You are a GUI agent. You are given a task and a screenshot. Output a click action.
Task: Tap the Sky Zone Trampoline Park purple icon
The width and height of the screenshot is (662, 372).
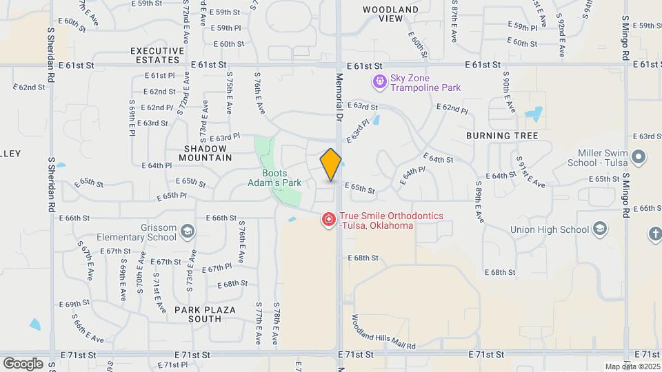coord(379,83)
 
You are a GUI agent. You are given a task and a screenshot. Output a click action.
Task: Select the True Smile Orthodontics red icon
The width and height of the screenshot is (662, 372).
coord(330,219)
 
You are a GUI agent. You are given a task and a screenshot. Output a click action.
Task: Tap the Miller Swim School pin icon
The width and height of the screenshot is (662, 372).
coord(639,157)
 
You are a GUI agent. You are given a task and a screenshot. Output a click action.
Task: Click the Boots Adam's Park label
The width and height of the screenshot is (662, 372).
coord(274,178)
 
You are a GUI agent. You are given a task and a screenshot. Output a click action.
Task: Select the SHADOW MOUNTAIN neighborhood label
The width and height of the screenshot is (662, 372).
coord(208,153)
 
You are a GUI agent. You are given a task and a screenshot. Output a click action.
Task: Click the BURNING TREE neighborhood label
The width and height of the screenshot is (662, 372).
coord(502,136)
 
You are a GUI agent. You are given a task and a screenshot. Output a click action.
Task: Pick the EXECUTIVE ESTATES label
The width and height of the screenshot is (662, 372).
coord(157,55)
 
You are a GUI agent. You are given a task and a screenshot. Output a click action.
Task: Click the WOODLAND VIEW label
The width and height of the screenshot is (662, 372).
coord(390,14)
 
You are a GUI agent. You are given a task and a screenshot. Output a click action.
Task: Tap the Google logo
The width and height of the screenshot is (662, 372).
coord(23,363)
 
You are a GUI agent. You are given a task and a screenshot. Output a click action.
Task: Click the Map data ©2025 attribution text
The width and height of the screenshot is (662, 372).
coord(632,366)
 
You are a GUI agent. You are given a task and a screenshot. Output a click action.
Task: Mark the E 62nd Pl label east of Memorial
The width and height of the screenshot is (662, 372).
coord(452,108)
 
